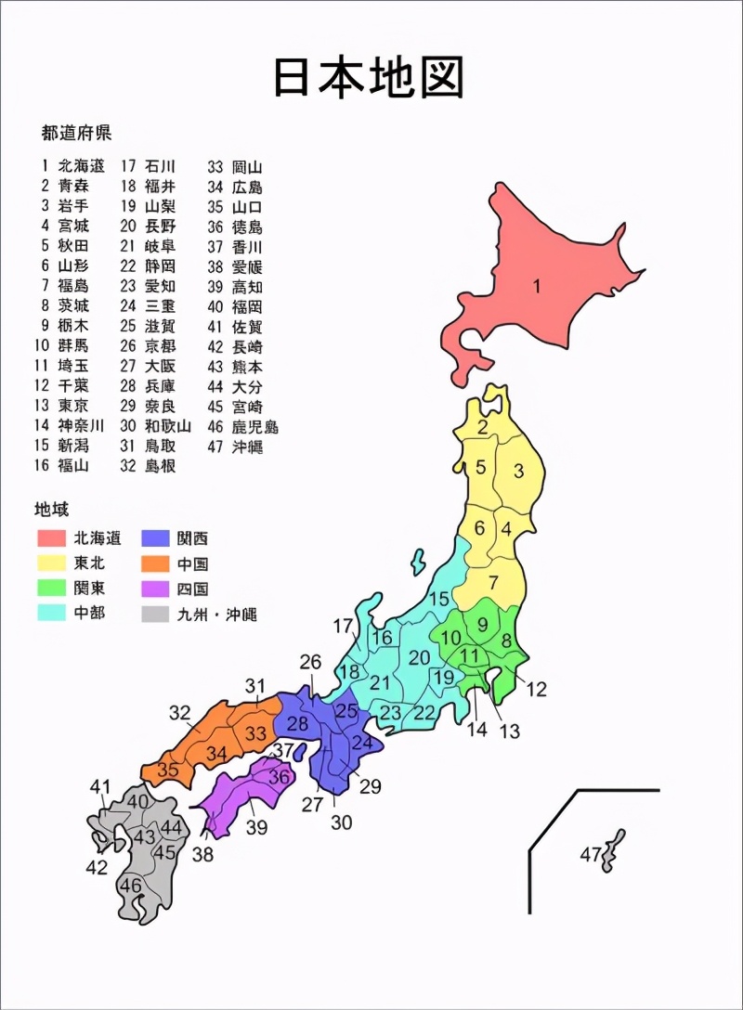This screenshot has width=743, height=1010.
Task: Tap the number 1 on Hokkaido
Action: click(x=536, y=286)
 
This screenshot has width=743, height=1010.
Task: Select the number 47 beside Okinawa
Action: click(x=592, y=854)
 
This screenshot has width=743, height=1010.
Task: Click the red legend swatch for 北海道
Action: click(x=51, y=537)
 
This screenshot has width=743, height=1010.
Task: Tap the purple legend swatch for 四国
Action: click(x=155, y=588)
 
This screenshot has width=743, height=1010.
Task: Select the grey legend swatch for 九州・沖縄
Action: click(x=155, y=613)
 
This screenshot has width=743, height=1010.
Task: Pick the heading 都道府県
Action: click(x=76, y=133)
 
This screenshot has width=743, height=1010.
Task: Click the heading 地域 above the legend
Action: click(x=52, y=509)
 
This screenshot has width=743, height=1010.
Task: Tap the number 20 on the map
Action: click(x=420, y=657)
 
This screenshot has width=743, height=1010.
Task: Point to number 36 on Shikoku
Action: click(x=279, y=777)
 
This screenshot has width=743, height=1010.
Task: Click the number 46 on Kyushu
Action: click(x=131, y=886)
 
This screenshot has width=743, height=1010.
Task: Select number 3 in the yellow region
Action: click(x=519, y=472)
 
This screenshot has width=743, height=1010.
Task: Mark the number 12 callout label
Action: click(x=537, y=690)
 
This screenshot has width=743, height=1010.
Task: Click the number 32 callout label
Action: click(x=180, y=713)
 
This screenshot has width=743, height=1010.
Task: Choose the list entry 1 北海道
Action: click(x=72, y=166)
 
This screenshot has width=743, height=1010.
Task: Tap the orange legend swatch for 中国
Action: click(x=155, y=563)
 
